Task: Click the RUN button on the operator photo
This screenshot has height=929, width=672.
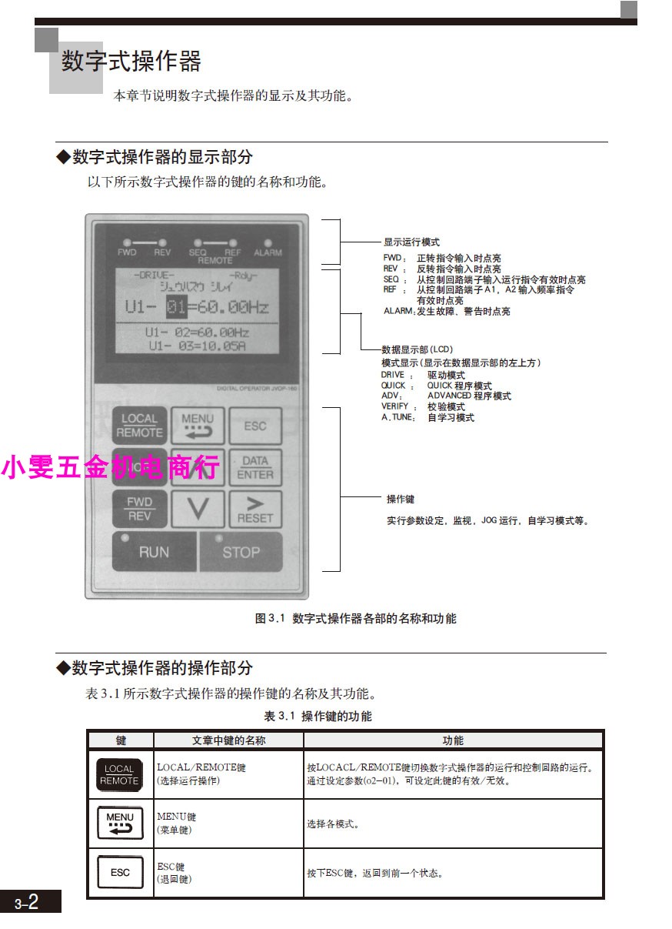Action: point(154,551)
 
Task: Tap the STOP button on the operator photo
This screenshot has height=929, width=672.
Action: point(241,551)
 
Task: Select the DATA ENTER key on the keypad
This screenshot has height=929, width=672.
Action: point(255,468)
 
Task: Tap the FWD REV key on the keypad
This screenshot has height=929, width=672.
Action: point(139,509)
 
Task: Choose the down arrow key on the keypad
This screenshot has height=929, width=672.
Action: point(197,510)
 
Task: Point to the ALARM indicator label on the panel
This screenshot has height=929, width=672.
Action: point(268,252)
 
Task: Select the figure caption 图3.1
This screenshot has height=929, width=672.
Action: point(355,618)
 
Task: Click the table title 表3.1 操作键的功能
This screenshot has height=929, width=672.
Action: point(318,716)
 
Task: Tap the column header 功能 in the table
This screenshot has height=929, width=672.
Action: point(453,740)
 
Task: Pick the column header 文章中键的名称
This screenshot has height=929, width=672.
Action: point(228,740)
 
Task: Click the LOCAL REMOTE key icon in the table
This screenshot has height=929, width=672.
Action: point(119,774)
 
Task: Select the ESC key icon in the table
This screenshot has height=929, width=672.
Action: point(120,873)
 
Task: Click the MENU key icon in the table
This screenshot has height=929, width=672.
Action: point(120,823)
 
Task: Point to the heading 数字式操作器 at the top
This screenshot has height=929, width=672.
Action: point(131,61)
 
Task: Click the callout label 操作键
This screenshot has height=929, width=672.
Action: point(400,500)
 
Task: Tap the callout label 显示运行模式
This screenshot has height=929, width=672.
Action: point(412,242)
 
